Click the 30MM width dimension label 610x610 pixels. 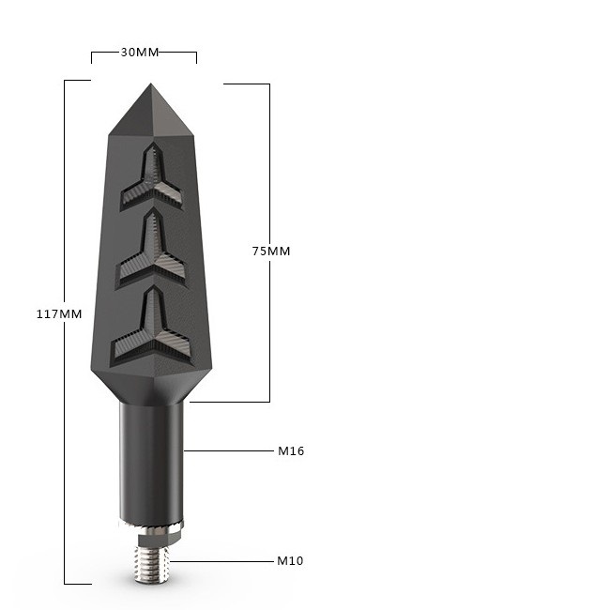coord(140,53)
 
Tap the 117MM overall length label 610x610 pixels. coord(59,314)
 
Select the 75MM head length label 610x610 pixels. coord(271,251)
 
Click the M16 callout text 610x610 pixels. coord(291,450)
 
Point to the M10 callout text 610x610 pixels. coord(290,560)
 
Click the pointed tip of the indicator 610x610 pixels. coord(151,84)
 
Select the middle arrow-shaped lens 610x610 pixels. coord(152,250)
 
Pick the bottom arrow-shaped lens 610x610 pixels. coord(152,328)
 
